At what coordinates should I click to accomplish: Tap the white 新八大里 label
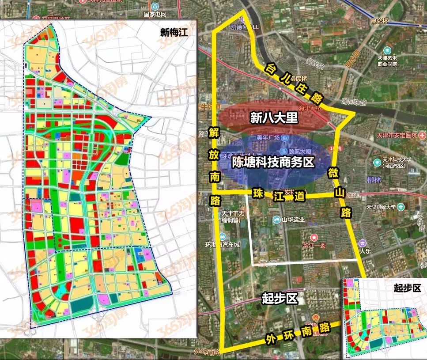pyautogui.click(x=274, y=118)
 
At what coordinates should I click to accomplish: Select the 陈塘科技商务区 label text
pyautogui.click(x=273, y=162)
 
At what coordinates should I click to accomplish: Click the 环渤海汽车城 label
pyautogui.click(x=222, y=244)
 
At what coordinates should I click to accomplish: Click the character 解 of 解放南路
pyautogui.click(x=214, y=133)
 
